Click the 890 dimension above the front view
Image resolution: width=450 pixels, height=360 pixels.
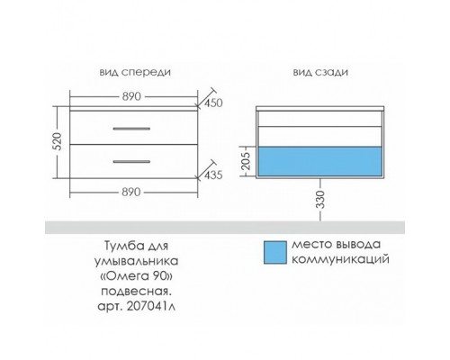pos(131,96)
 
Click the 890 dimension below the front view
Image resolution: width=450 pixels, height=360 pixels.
pos(131,192)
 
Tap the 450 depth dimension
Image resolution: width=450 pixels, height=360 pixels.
pos(213,103)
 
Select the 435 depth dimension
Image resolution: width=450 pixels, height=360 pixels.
pos(213,175)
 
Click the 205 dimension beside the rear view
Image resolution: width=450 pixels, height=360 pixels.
pos(246,161)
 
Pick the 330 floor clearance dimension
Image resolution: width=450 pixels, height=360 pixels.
pos(320,200)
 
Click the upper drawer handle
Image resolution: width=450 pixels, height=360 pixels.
pos(131,129)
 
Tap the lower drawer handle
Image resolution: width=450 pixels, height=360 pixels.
pos(131,162)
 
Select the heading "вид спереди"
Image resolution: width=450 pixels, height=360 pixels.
pos(135,72)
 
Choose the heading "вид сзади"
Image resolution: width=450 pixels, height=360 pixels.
pos(320,72)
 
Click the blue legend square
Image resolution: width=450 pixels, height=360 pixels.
pos(275,252)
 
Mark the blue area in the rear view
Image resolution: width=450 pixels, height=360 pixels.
pos(319,161)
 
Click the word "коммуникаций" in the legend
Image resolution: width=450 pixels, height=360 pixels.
pos(340,259)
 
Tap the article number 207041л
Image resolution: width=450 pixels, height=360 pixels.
pos(151,306)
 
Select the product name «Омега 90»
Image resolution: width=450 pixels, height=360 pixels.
pos(136,276)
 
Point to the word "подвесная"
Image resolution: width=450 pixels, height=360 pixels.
pos(137,292)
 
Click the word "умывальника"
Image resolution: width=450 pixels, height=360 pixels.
pos(137,261)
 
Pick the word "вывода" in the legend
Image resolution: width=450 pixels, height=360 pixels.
pos(358,245)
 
